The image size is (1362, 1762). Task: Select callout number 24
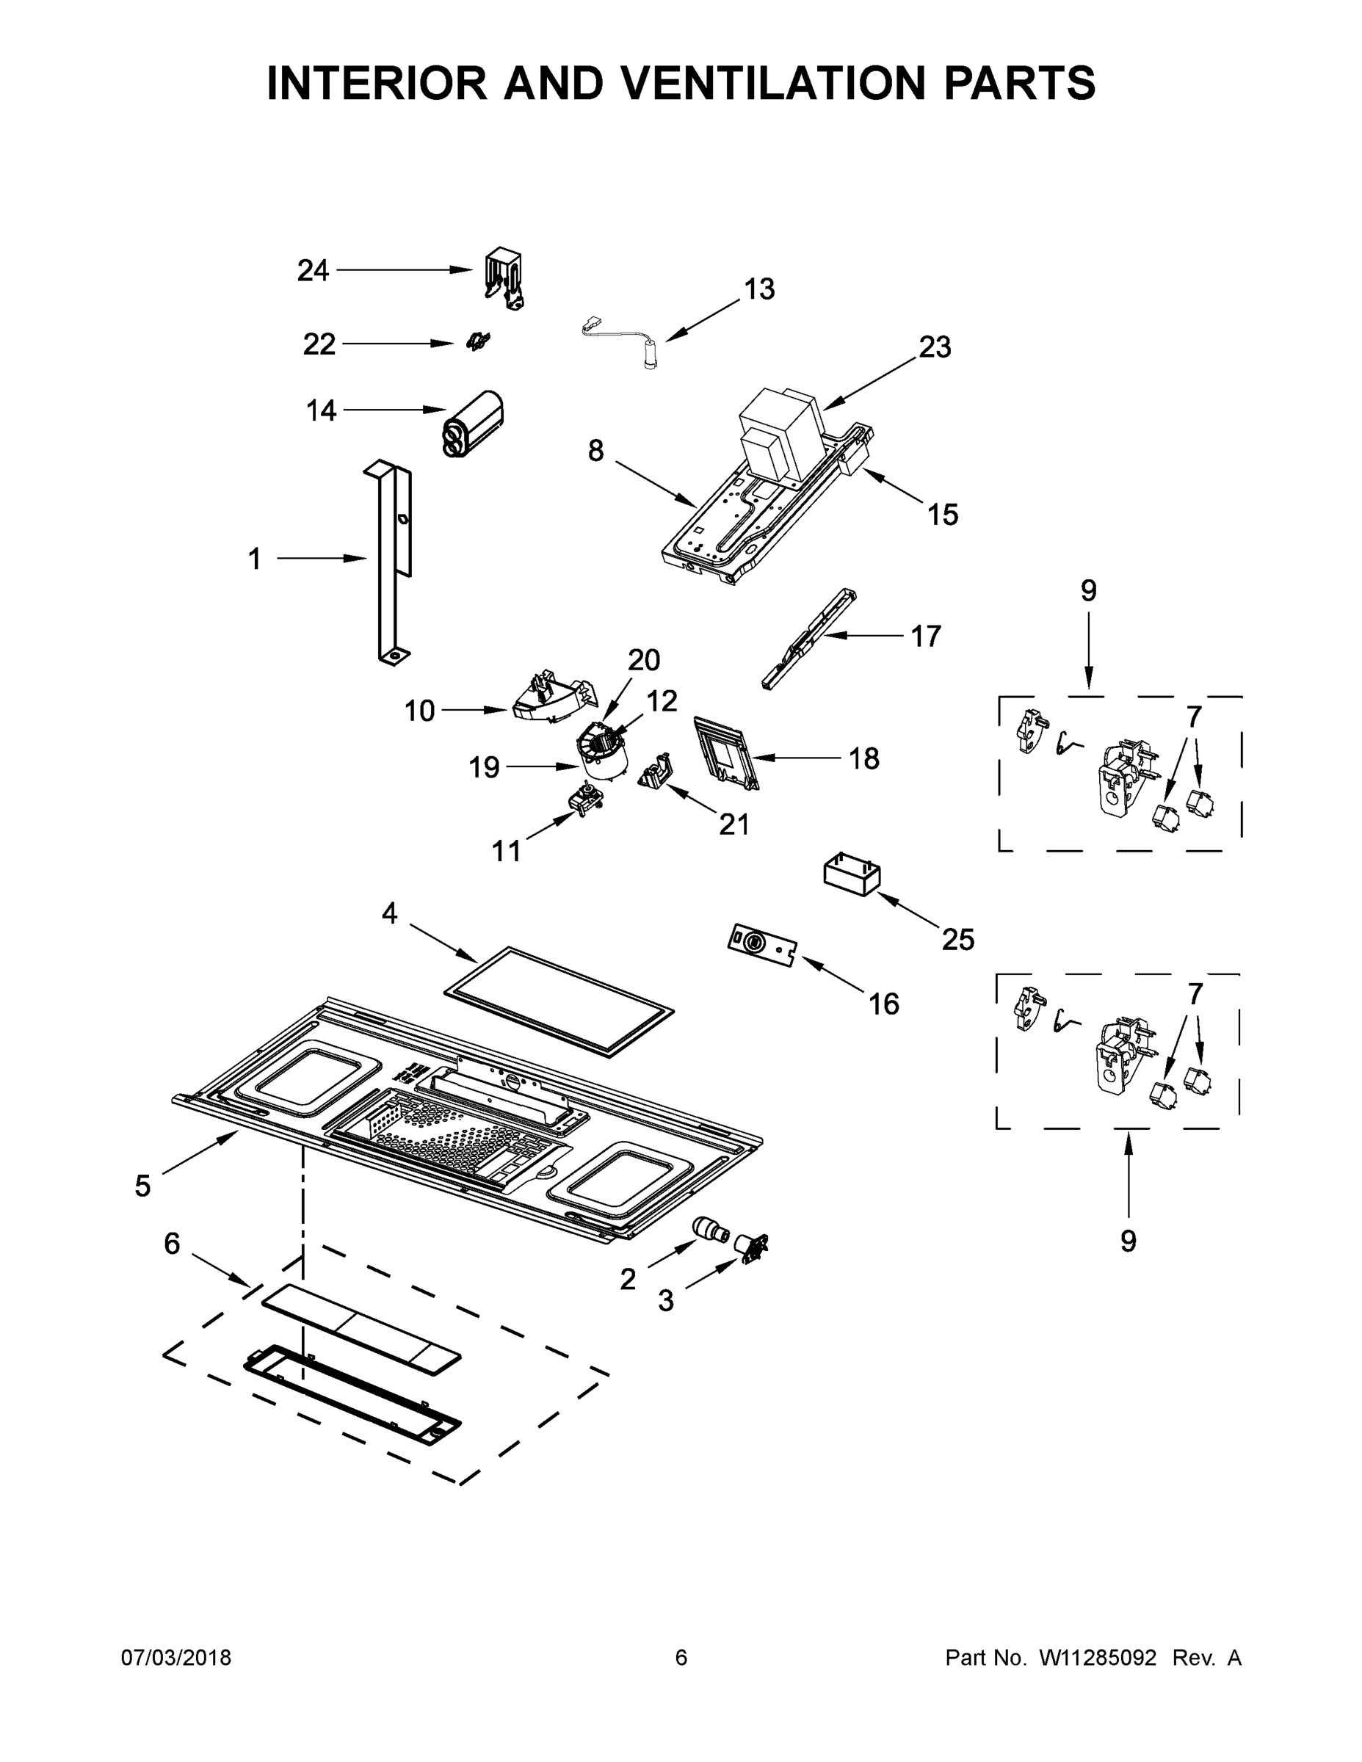313,270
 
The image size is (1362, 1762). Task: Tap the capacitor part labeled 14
474,425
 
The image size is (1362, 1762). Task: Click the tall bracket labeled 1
388,565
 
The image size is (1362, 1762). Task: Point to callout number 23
935,347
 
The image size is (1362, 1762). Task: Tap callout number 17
925,637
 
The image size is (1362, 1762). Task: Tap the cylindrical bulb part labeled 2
710,1231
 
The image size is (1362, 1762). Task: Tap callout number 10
419,711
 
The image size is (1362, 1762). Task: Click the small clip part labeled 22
478,342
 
